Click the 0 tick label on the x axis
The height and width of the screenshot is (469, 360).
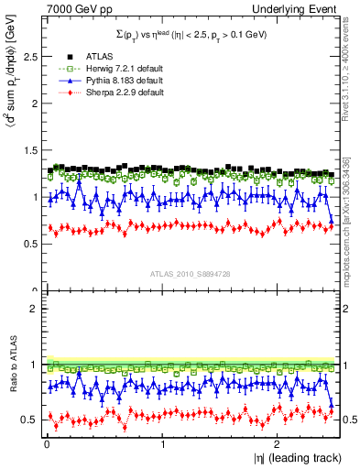pos(46,444)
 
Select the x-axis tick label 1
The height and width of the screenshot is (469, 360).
pos(162,444)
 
